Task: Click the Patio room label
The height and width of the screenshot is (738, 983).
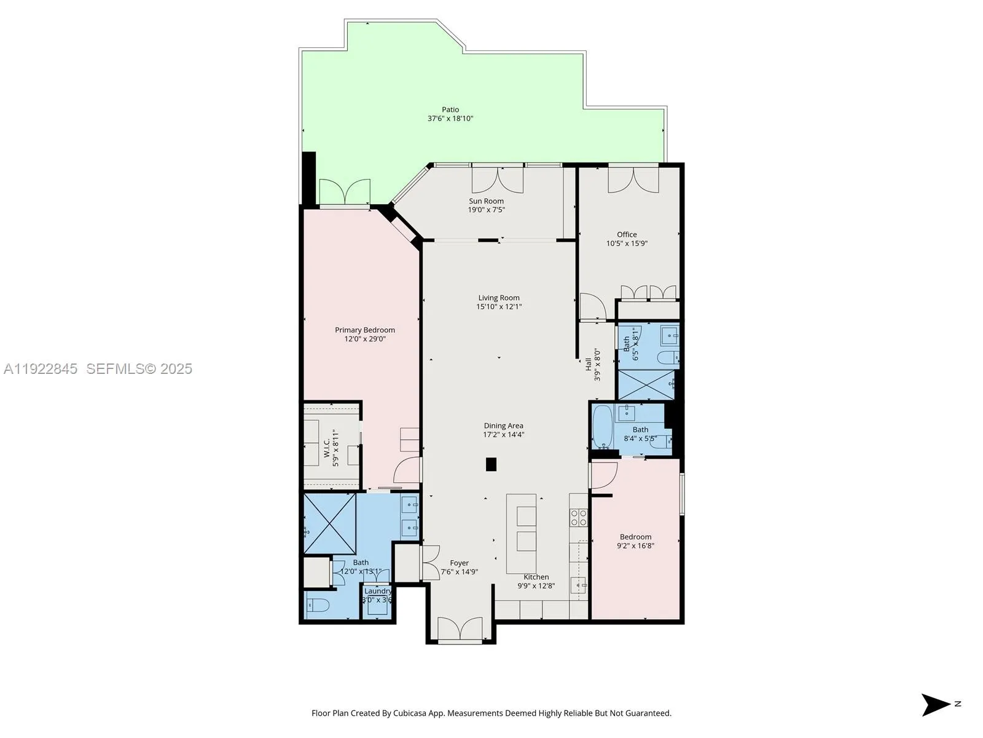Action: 450,109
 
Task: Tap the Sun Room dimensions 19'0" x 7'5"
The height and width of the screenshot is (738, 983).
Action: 486,210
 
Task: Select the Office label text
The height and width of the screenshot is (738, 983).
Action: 627,234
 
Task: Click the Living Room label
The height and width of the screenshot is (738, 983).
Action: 499,298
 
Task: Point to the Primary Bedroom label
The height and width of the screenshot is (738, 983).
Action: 365,330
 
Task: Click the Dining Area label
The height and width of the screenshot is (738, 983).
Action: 503,426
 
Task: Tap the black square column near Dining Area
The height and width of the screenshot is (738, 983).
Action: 491,464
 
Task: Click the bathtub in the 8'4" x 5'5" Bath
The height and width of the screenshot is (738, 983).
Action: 603,427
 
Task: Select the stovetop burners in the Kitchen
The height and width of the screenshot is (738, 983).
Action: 578,518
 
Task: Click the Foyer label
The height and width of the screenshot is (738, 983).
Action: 459,563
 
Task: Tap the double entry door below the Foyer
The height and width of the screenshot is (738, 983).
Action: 460,630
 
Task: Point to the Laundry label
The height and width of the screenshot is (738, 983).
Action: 377,591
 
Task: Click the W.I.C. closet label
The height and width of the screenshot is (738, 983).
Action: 327,448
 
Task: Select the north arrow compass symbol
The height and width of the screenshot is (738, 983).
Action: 937,705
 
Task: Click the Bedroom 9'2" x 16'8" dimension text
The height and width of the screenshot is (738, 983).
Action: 635,546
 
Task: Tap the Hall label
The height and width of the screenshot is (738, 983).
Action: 589,363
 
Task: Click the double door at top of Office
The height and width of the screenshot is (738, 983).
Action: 633,180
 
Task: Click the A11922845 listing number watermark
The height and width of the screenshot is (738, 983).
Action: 41,369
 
